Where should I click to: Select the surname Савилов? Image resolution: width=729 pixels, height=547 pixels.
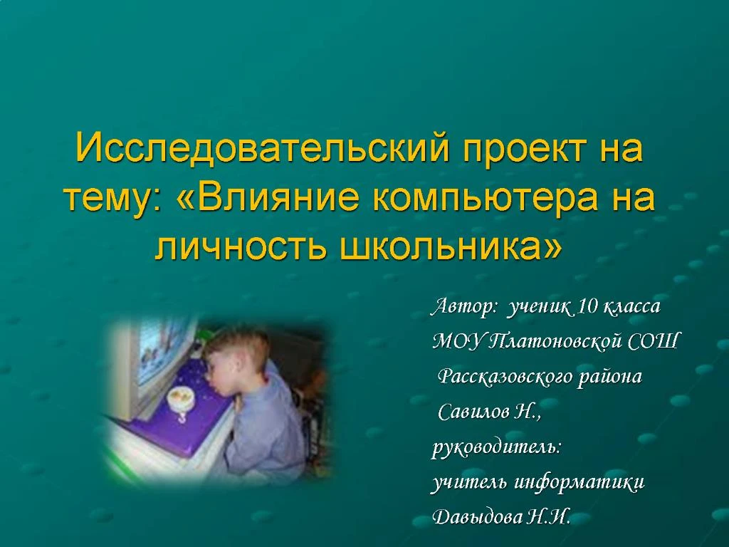click(x=473, y=412)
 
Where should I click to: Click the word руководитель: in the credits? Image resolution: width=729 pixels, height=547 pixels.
click(x=497, y=447)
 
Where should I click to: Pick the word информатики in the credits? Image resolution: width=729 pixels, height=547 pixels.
click(x=579, y=483)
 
